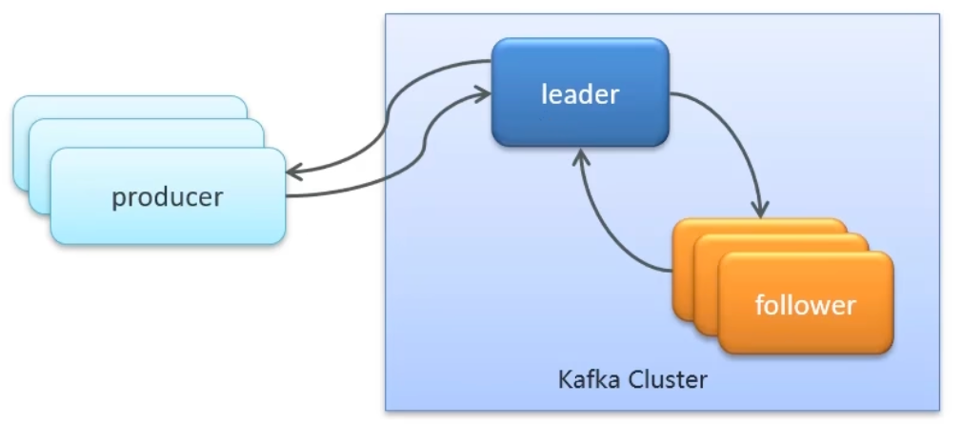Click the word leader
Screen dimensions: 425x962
click(x=580, y=94)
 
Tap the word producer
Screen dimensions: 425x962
click(x=168, y=197)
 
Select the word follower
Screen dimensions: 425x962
click(x=805, y=306)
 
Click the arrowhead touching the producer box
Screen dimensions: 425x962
click(x=292, y=172)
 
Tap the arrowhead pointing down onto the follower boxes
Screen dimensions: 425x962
click(x=760, y=212)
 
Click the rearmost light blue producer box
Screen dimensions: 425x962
click(x=57, y=106)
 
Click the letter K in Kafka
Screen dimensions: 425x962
click(x=566, y=380)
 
